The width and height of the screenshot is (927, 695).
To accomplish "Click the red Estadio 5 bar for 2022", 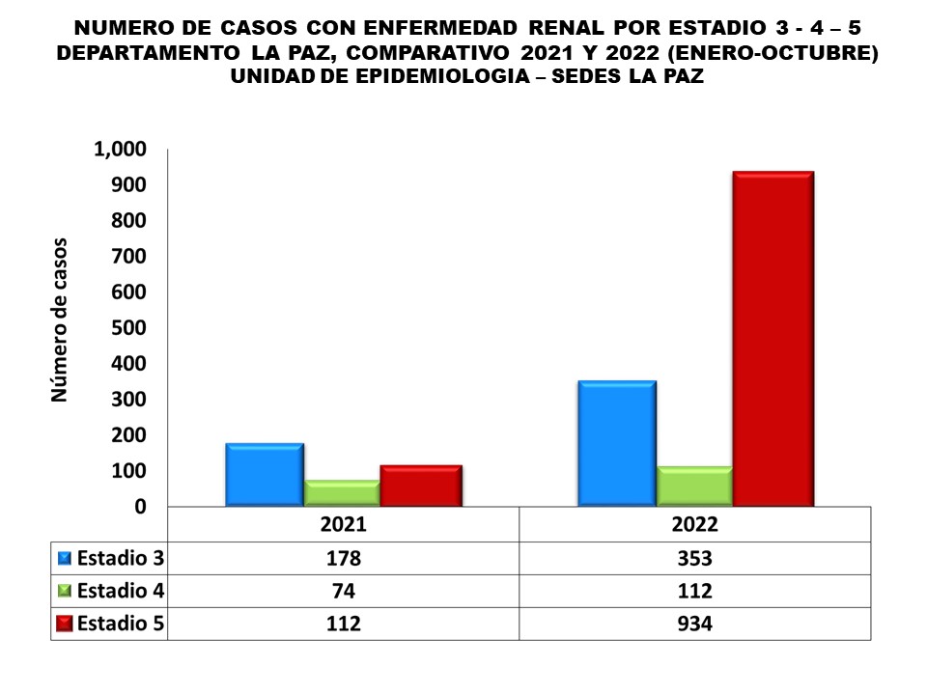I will pos(772,338).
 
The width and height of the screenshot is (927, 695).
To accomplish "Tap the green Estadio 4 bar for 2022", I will pos(694,486).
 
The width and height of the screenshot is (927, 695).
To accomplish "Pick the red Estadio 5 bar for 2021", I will pos(420,486).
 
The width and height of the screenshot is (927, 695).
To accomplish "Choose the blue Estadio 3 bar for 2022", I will pos(616,443).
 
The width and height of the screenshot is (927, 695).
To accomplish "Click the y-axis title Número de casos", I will pos(60,319).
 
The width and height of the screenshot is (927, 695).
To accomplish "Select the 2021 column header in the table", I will pos(343,524).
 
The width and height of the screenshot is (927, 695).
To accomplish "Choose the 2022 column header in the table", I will pos(694,524).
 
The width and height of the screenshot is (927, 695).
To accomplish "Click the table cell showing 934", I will pos(694,624).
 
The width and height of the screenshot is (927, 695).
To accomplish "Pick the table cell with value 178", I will pos(343,558).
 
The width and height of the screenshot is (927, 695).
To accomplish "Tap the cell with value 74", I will pos(343,591).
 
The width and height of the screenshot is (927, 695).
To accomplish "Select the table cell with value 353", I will pos(694,558).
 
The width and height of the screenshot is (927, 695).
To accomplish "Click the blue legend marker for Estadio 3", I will pos(65,558).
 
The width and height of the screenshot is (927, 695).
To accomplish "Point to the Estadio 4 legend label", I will pos(120,591).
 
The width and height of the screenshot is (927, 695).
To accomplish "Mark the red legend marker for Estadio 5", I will pos(65,624).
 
